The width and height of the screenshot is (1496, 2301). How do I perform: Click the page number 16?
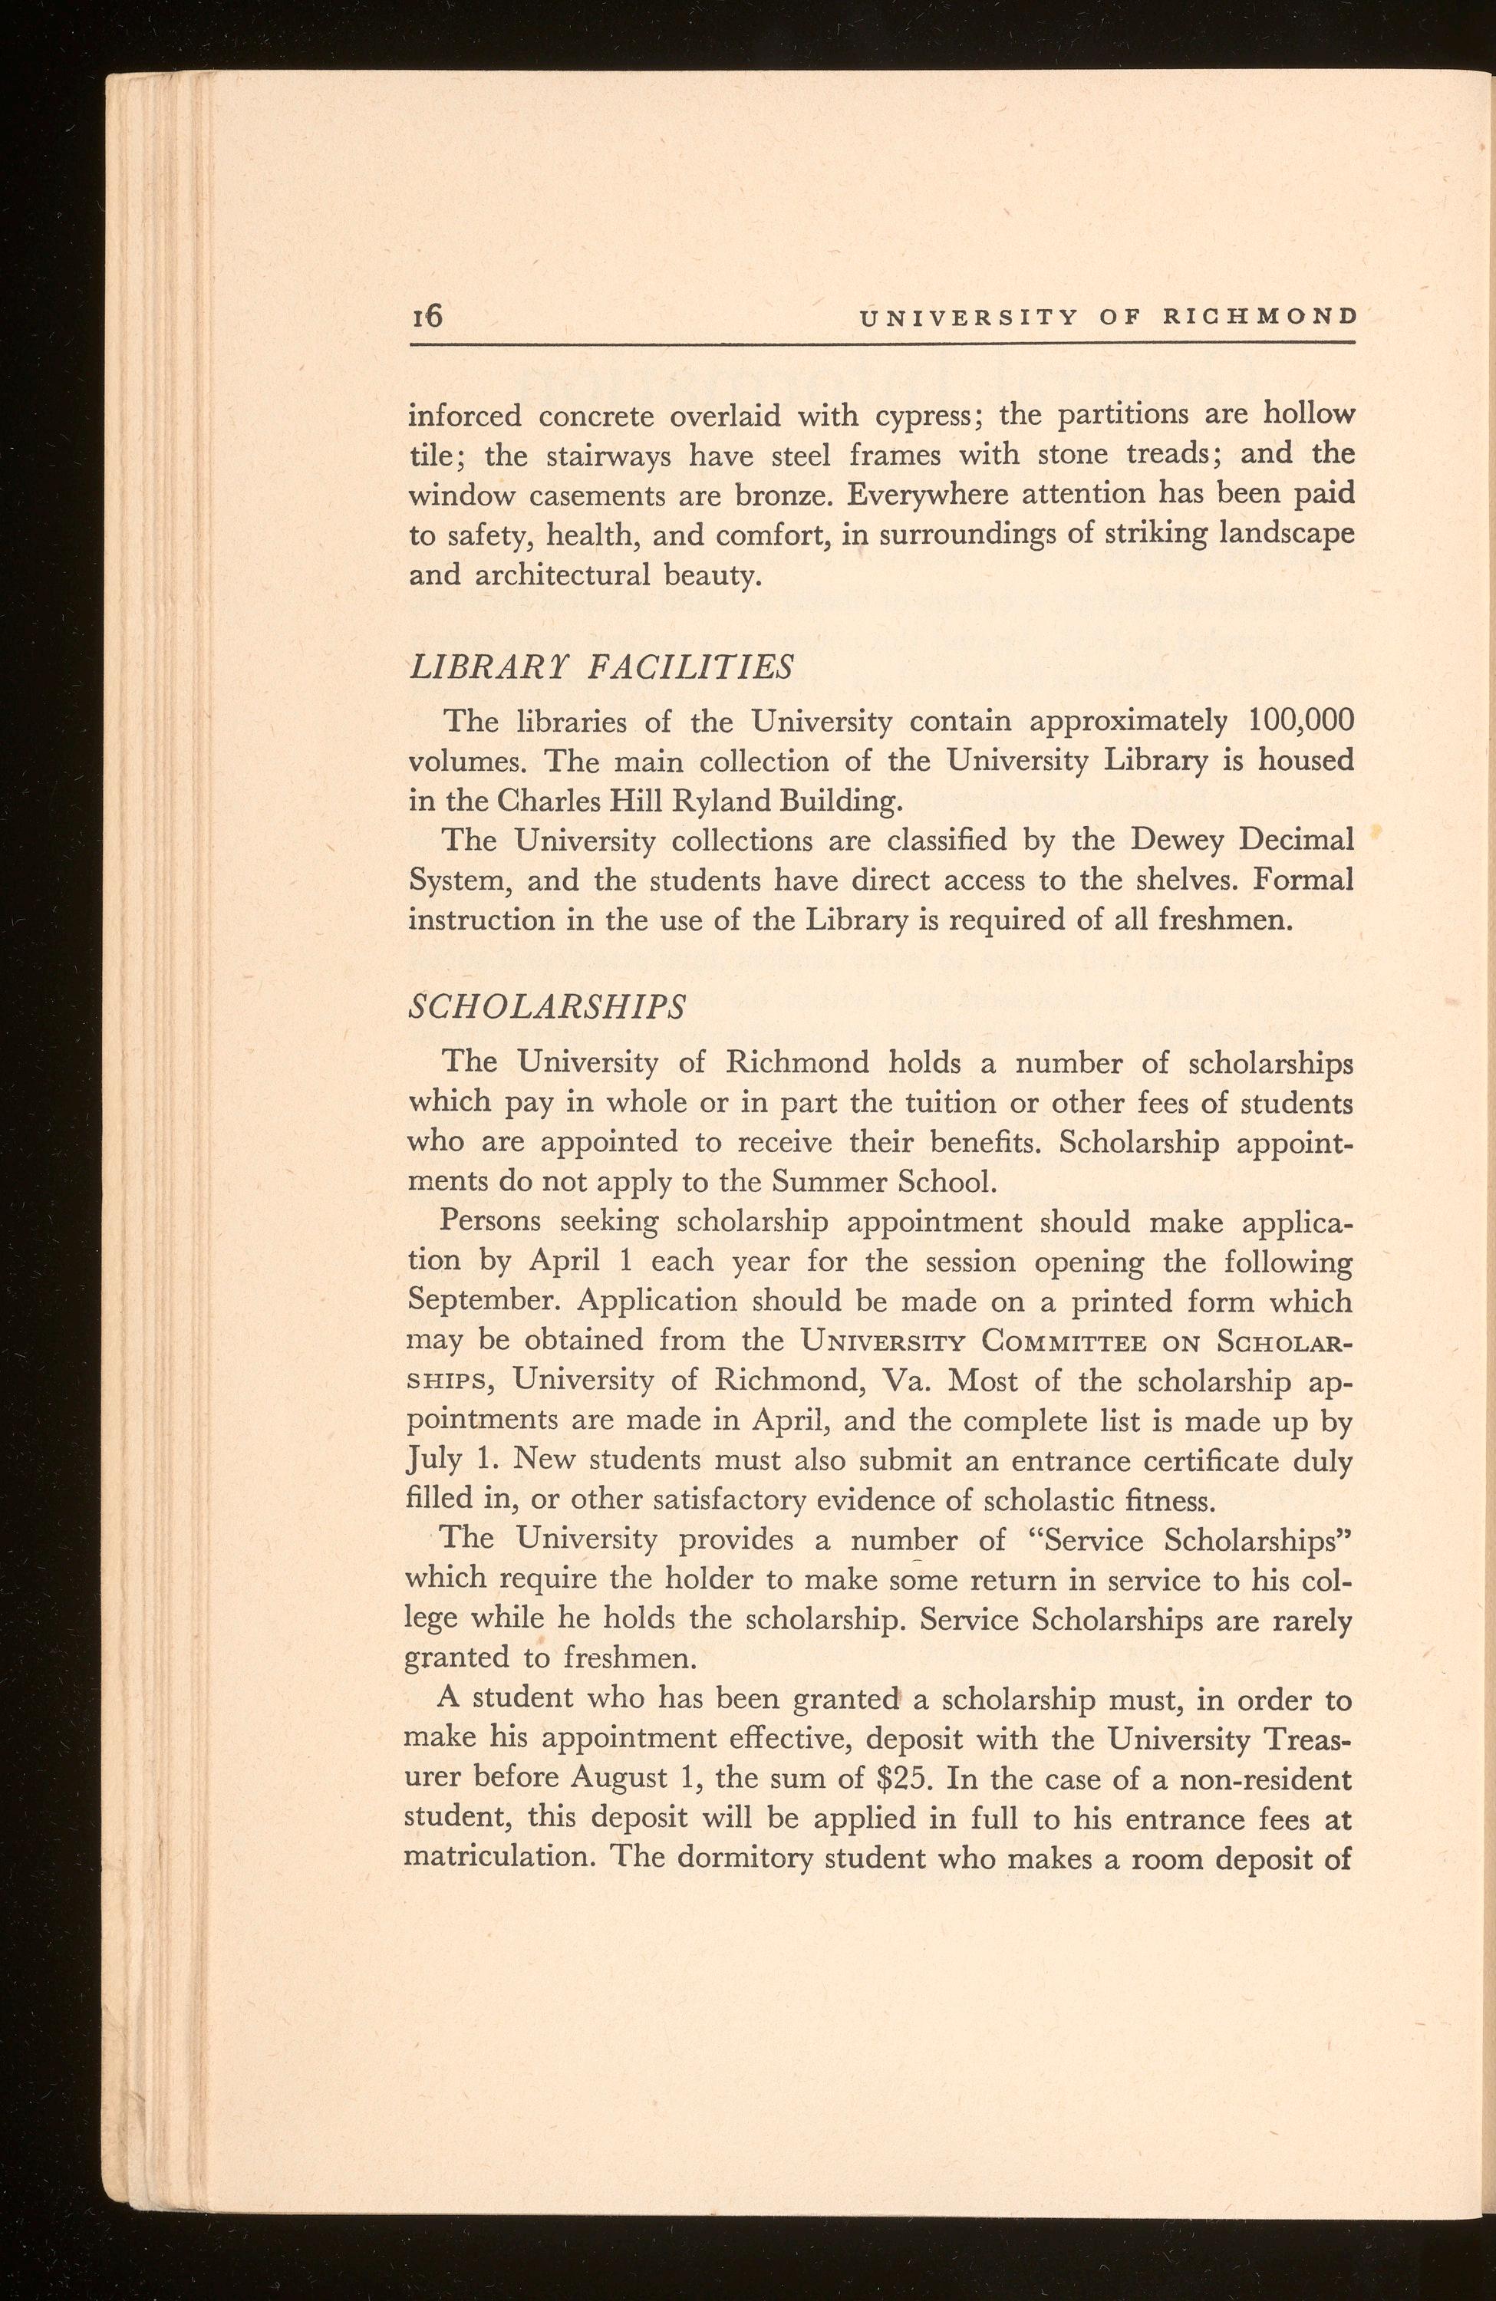coord(427,316)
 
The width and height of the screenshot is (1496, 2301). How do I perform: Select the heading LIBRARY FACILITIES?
coord(601,667)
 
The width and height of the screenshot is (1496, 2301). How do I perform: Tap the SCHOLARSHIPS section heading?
coord(547,1006)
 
